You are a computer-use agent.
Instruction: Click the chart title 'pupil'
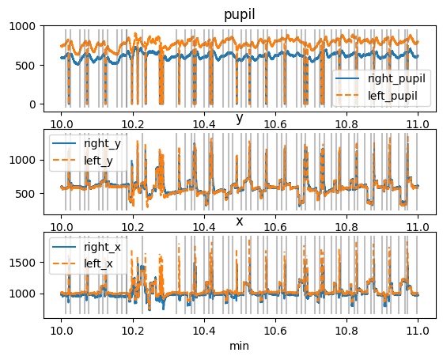[x=239, y=14]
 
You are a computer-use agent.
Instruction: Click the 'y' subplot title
[x=239, y=119]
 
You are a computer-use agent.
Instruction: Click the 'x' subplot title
[x=239, y=221]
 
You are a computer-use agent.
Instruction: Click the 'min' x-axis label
[x=239, y=347]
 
